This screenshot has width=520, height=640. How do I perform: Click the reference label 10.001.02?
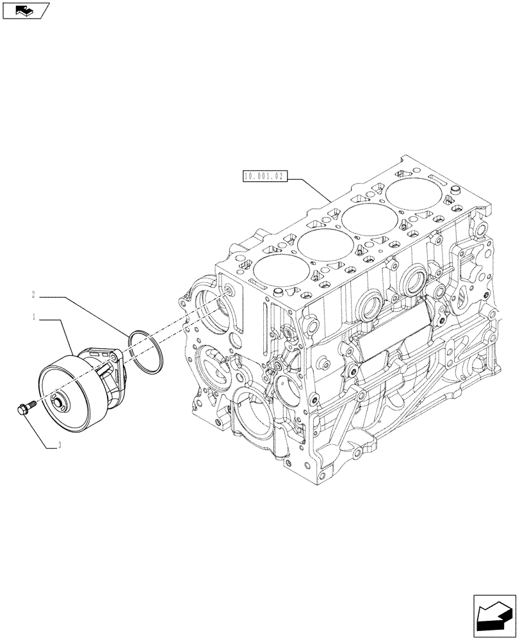click(264, 175)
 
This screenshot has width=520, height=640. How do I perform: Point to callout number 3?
click(59, 448)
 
